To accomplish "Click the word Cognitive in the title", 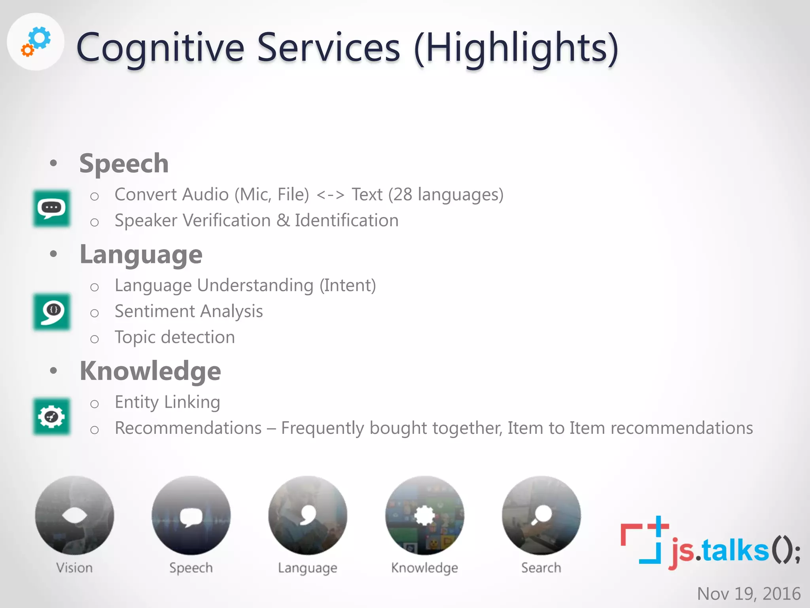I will pos(160,48).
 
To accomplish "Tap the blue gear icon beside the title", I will pos(40,38).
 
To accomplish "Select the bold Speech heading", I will pos(124,163).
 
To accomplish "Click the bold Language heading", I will pos(141,254).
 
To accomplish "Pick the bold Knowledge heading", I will pos(150,371).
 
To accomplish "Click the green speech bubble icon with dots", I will pos(52,208).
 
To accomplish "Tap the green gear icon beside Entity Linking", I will pos(52,416).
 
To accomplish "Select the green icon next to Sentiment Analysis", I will pos(52,312).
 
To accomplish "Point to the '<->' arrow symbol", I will pos(331,195).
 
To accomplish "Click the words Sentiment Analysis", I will pos(189,311).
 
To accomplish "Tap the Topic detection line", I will pos(175,337).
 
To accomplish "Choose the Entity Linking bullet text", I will pos(167,402).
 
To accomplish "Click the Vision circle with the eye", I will pos(74,515).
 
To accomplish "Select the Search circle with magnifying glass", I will pos(541,515).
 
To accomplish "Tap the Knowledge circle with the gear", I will pos(424,515).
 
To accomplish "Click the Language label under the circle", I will pos(307,568).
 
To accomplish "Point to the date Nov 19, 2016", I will pos(748,593).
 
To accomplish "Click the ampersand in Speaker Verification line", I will pos(283,220).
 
